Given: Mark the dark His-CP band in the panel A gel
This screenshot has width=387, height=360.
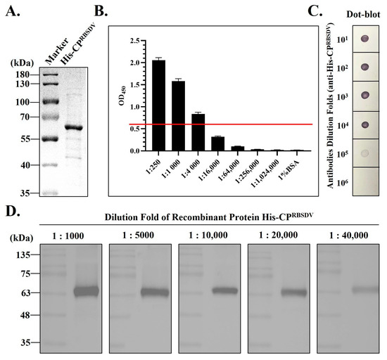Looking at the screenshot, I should (72, 128).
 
